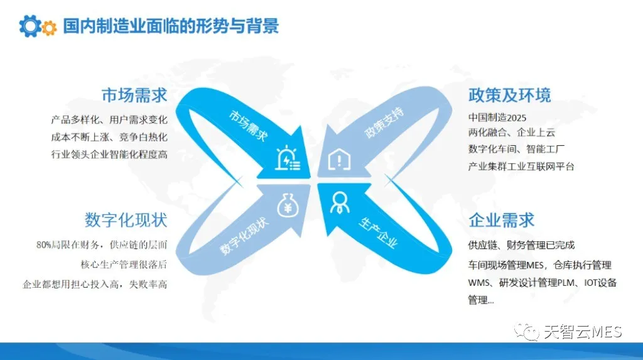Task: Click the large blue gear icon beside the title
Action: (30, 26)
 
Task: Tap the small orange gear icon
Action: (50, 28)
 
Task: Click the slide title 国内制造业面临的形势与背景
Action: (171, 26)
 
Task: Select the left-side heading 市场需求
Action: (134, 95)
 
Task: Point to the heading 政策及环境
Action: (509, 95)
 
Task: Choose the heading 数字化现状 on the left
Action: (126, 220)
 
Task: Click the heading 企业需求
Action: (501, 220)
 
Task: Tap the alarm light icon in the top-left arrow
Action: (288, 158)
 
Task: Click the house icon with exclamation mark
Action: (339, 159)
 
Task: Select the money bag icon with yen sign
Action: (288, 205)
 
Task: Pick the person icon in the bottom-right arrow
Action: (340, 202)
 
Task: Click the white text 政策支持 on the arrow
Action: (384, 122)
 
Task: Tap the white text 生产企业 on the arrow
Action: (378, 232)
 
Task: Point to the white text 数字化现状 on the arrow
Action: (244, 236)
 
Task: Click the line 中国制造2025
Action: (497, 118)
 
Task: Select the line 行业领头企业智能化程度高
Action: (109, 155)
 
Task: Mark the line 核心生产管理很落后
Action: (124, 265)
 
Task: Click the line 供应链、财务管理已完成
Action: (521, 245)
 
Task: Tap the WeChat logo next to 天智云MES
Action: (527, 331)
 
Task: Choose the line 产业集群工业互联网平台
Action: (521, 166)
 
